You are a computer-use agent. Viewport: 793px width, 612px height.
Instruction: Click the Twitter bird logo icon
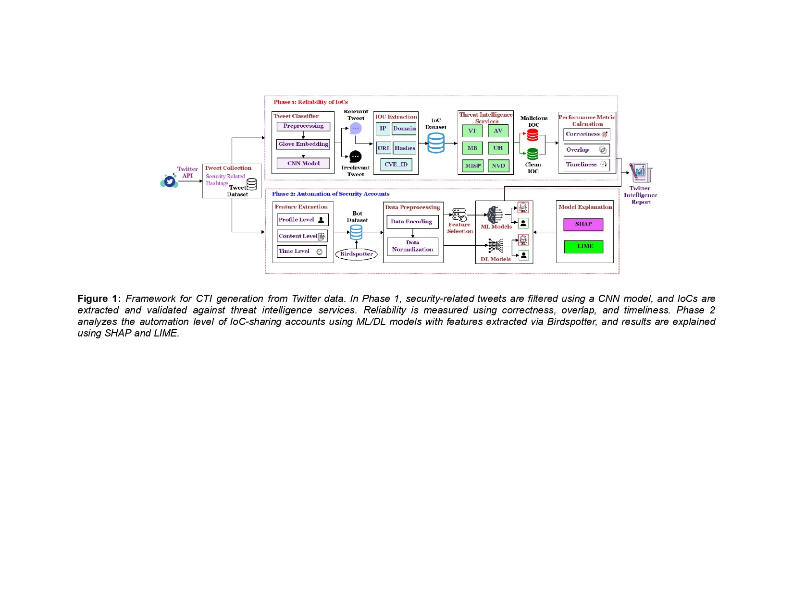point(170,181)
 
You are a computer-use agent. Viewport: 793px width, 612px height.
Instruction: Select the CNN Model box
point(303,163)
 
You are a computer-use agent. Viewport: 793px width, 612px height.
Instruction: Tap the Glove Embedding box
point(303,144)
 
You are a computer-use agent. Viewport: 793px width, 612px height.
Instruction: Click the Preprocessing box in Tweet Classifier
point(303,126)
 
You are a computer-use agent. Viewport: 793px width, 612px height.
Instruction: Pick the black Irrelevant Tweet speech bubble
point(356,156)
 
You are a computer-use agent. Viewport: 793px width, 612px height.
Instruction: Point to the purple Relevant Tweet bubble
point(356,128)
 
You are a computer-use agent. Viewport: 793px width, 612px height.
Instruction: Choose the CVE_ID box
point(396,164)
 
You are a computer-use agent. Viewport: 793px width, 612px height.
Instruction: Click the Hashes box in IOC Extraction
point(405,148)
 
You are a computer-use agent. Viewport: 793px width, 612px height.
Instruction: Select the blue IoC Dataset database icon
point(436,143)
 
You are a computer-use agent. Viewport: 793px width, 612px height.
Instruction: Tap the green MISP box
point(472,166)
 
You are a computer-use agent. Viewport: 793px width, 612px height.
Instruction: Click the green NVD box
point(498,166)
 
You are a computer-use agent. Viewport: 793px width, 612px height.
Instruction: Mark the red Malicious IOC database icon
point(533,135)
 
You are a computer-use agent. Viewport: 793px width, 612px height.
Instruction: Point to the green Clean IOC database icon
point(533,154)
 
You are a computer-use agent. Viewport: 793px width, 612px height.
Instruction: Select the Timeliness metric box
point(587,165)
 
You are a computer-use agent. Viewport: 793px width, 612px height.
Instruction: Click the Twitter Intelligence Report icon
point(641,173)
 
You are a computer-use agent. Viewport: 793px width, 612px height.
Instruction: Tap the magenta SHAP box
point(583,224)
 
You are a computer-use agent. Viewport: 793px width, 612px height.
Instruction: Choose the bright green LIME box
point(583,246)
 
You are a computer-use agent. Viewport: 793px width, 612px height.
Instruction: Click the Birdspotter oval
point(357,254)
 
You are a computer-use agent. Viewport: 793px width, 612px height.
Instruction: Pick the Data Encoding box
point(412,222)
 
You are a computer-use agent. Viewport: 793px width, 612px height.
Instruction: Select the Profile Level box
point(303,220)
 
